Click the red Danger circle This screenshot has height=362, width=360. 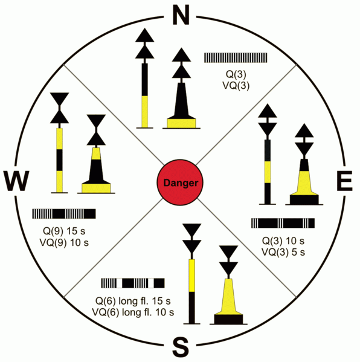[x=180, y=182]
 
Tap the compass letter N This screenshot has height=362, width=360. [x=181, y=15]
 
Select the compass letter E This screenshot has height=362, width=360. [x=344, y=181]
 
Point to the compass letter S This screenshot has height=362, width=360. [x=181, y=347]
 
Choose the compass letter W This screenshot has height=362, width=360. [x=16, y=181]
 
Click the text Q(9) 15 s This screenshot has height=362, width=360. [x=64, y=231]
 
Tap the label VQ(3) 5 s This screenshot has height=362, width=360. [x=283, y=252]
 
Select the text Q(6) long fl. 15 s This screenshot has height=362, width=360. [x=133, y=301]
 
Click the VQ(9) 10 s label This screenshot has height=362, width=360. [x=64, y=242]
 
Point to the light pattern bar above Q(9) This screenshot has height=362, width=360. [x=64, y=213]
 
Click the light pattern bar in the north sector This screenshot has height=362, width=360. [x=236, y=58]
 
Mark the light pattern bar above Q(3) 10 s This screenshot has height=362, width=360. [x=283, y=223]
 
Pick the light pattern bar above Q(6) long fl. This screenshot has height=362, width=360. [x=133, y=283]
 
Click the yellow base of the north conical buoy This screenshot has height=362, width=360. [x=181, y=123]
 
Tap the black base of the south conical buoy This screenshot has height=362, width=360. [x=228, y=319]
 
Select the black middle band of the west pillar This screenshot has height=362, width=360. [x=60, y=160]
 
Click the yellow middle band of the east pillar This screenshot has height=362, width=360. [x=268, y=172]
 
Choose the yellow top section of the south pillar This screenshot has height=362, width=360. [x=191, y=276]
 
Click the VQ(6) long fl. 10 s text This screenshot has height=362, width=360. [x=133, y=312]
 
